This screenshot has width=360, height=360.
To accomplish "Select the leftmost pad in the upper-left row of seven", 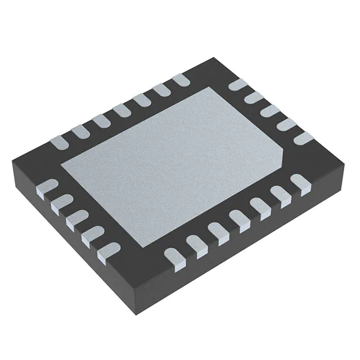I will [x=59, y=140].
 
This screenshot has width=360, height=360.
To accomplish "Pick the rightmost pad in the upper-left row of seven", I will [x=181, y=80].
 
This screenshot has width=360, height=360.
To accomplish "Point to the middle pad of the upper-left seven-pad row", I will [x=120, y=110].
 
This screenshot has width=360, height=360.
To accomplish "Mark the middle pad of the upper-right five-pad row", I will [x=271, y=111].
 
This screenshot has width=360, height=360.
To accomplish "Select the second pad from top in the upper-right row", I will [x=255, y=98].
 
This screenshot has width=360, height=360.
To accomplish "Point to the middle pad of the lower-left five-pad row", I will [x=76, y=219].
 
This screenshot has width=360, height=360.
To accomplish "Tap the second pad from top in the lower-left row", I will [x=61, y=202].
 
